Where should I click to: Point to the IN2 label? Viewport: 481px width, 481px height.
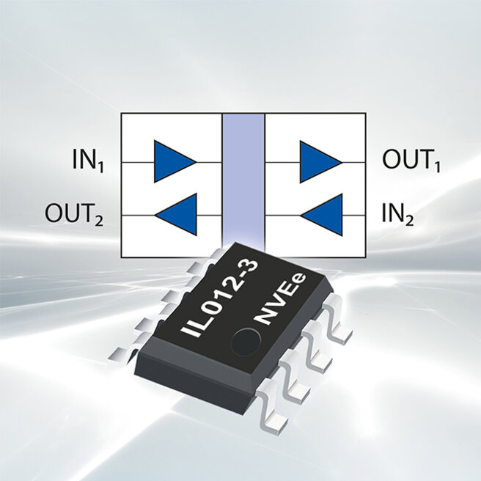tap(397, 215)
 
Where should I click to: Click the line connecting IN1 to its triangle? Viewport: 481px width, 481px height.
tap(137, 161)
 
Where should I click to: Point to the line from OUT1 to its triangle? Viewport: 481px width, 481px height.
tap(353, 161)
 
